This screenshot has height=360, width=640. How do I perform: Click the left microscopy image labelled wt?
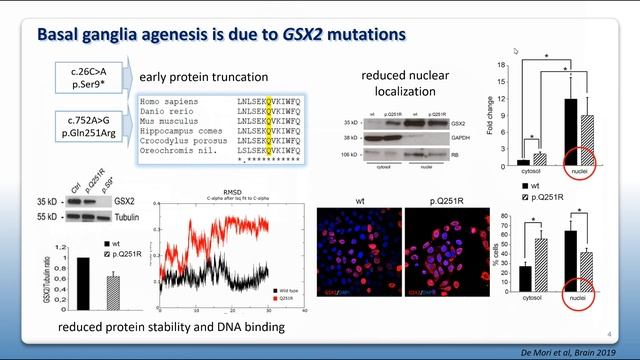click(x=358, y=255)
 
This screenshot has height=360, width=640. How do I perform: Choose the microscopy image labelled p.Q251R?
click(x=447, y=255)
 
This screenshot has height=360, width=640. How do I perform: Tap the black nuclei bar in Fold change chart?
click(x=572, y=131)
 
